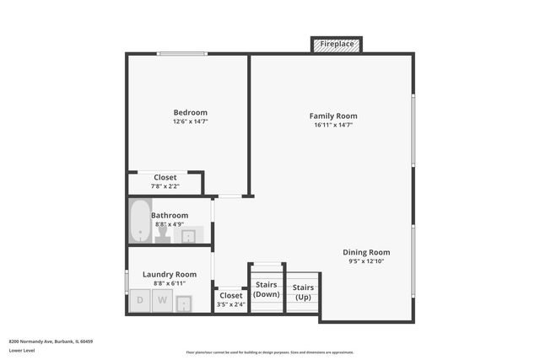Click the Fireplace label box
pyautogui.click(x=337, y=44)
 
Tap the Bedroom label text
pyautogui.click(x=190, y=113)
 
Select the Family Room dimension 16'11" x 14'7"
pyautogui.click(x=332, y=125)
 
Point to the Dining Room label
pyautogui.click(x=366, y=252)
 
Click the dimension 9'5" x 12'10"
pyautogui.click(x=366, y=261)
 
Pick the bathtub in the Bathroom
pyautogui.click(x=139, y=220)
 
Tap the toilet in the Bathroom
pyautogui.click(x=163, y=235)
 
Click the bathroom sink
pyautogui.click(x=189, y=235)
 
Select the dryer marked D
pyautogui.click(x=140, y=300)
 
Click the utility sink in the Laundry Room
pyautogui.click(x=183, y=302)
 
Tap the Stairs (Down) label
pyautogui.click(x=267, y=289)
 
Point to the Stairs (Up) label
pyautogui.click(x=303, y=292)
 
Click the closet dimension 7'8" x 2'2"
pyautogui.click(x=165, y=186)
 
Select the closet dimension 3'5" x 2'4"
pyautogui.click(x=230, y=304)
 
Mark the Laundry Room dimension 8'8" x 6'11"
pyautogui.click(x=169, y=283)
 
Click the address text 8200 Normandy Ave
pyautogui.click(x=51, y=341)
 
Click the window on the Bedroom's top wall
pyautogui.click(x=181, y=55)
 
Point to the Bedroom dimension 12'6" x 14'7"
pyautogui.click(x=190, y=121)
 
